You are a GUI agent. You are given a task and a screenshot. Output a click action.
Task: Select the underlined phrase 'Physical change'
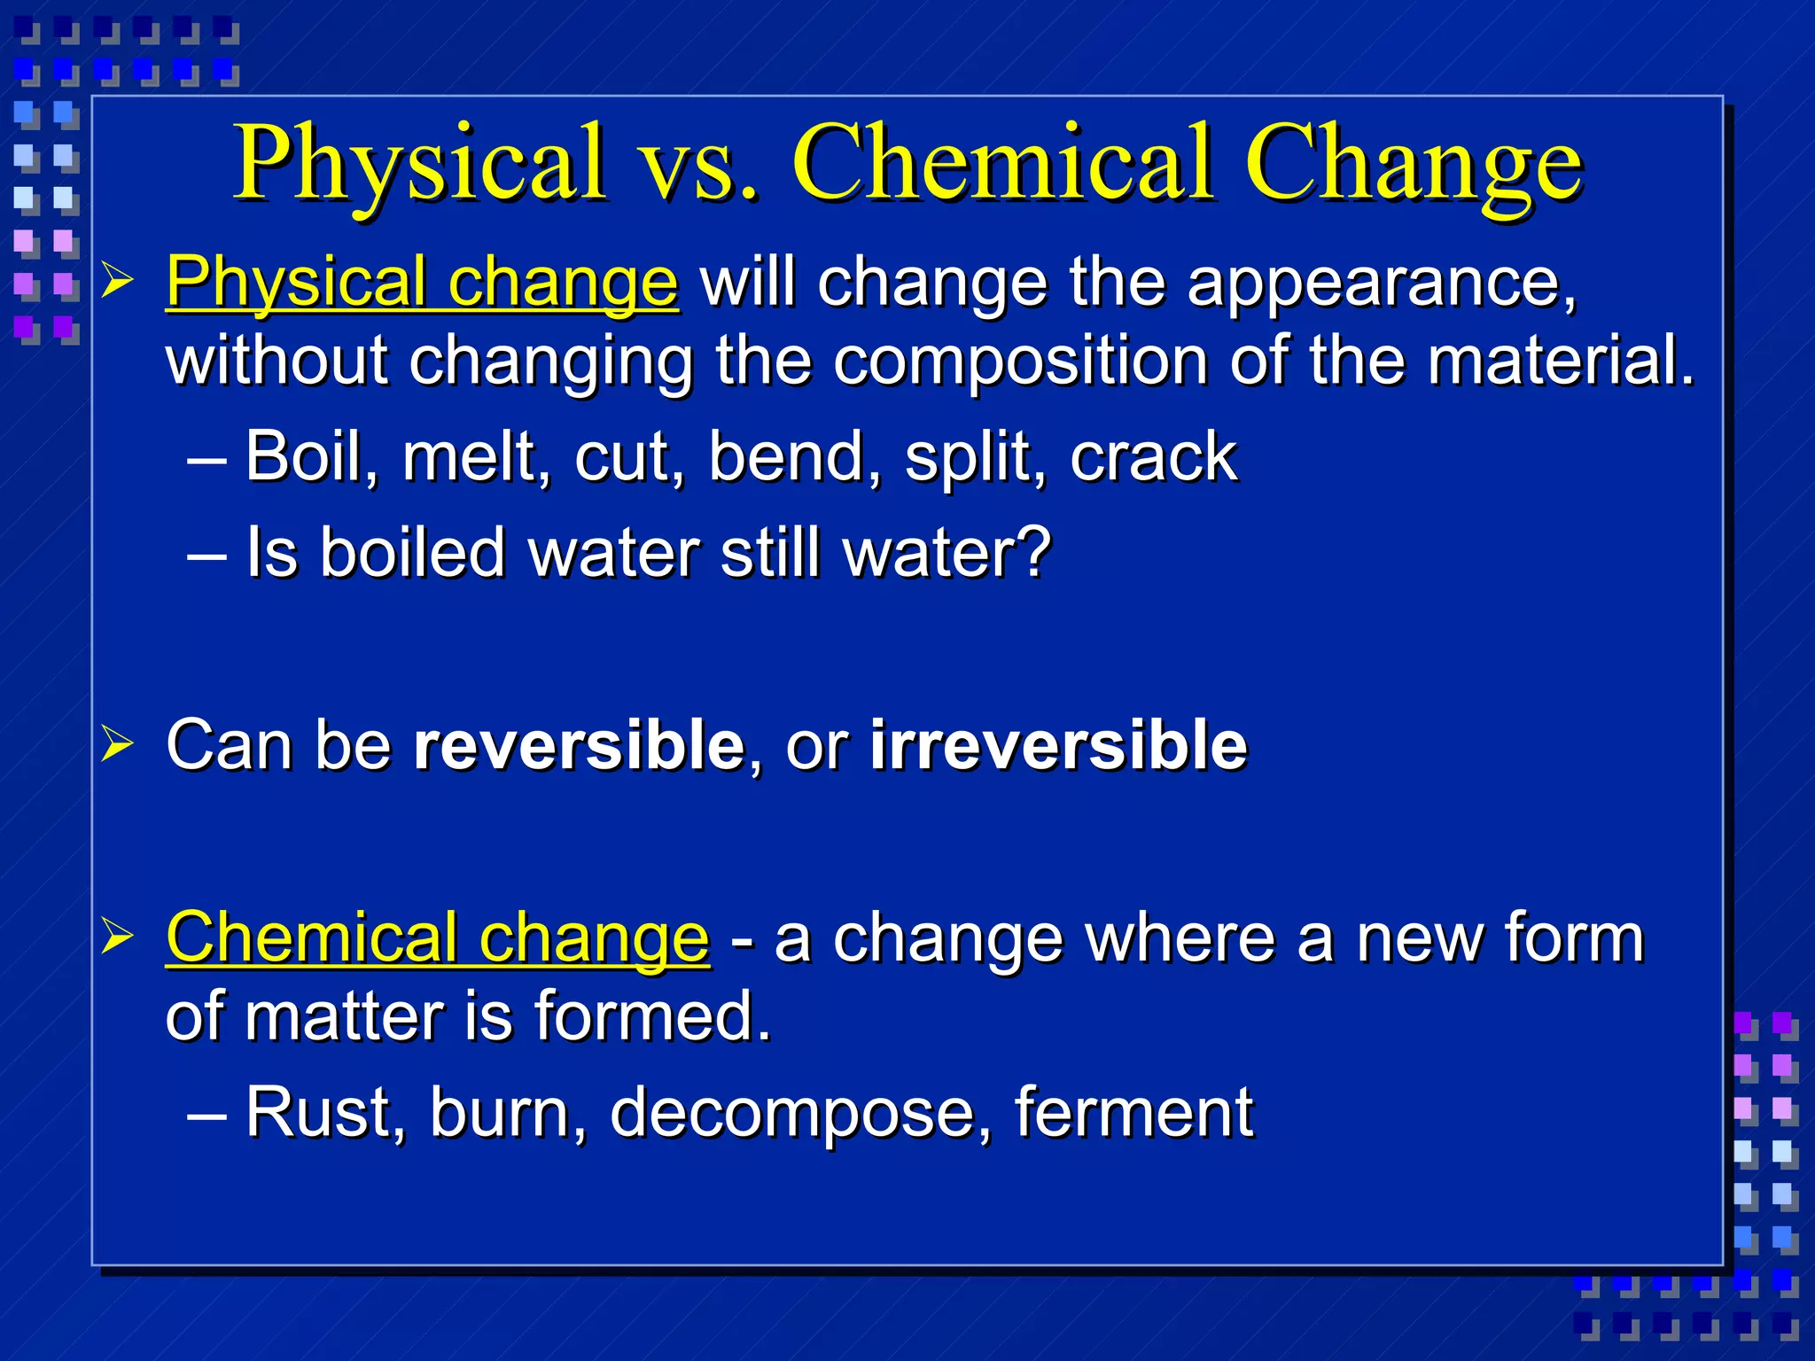click(x=422, y=284)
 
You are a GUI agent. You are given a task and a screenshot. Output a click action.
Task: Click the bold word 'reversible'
click(x=579, y=745)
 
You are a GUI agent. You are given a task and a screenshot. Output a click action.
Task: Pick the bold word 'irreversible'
click(x=1058, y=745)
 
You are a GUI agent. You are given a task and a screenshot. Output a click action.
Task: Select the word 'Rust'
click(x=324, y=1113)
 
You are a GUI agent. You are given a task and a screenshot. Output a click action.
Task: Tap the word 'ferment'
click(x=1133, y=1113)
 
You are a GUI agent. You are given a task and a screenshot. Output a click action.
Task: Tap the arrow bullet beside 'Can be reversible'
click(x=117, y=743)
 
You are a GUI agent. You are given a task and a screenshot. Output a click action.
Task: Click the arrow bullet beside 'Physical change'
click(x=117, y=282)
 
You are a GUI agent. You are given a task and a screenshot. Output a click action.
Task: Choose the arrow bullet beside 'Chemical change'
click(x=117, y=937)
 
